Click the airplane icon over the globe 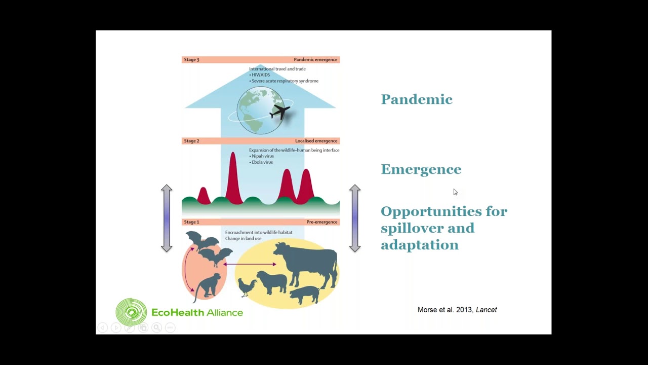coord(279,112)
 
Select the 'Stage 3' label coord(192,60)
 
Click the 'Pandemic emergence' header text coord(315,60)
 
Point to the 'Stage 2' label coord(192,141)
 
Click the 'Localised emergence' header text coord(317,141)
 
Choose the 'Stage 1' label coord(192,222)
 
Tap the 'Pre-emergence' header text coord(321,222)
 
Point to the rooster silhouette coord(247,287)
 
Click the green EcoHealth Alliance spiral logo coord(131,312)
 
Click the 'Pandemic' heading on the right coord(416,99)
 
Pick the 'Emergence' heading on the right coord(421,169)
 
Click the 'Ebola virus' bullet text coord(262,162)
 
